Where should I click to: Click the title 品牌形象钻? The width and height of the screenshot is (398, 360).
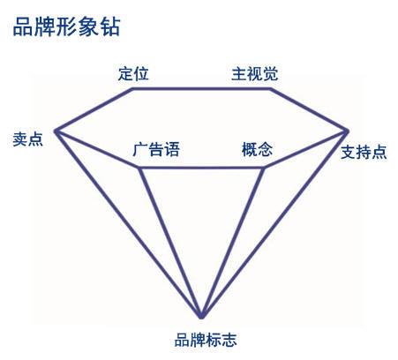(x=67, y=27)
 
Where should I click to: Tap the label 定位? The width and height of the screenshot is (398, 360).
(x=133, y=73)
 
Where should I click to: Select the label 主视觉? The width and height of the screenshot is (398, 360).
(x=255, y=73)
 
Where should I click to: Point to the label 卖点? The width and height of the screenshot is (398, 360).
(x=27, y=139)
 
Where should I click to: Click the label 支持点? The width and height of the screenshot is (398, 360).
(x=364, y=153)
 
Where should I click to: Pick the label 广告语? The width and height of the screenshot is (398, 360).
(x=156, y=149)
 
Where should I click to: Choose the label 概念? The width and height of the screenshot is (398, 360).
(x=257, y=149)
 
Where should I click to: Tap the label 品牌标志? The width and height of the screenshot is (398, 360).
(x=206, y=340)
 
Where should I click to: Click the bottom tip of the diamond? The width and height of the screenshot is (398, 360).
(x=201, y=317)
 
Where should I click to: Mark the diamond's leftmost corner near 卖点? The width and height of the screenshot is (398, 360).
(x=56, y=131)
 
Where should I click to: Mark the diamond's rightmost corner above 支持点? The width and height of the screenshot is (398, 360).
(x=347, y=131)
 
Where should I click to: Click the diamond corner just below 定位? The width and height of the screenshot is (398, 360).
(x=132, y=88)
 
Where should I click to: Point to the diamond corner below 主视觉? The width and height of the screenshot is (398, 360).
(x=270, y=88)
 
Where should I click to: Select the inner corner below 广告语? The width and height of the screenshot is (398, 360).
(x=139, y=168)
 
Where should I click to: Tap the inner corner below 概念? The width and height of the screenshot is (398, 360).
(x=264, y=168)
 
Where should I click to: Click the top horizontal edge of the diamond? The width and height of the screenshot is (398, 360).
(x=201, y=88)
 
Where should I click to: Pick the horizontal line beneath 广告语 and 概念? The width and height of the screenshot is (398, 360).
(x=201, y=168)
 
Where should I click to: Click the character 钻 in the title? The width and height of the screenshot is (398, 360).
(x=111, y=27)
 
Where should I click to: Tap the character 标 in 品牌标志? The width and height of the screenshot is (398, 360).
(x=213, y=340)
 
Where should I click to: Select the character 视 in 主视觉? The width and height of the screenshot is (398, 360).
(x=255, y=73)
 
